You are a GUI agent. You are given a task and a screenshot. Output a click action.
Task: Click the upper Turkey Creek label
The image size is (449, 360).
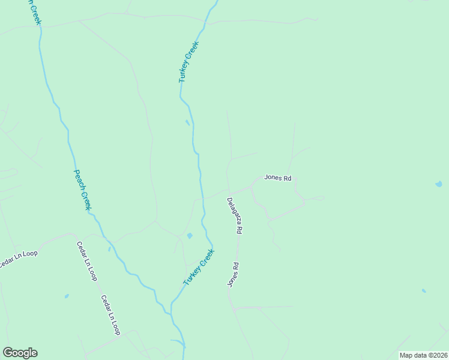(188, 62)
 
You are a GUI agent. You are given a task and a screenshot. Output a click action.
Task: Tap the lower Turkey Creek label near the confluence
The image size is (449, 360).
(199, 267)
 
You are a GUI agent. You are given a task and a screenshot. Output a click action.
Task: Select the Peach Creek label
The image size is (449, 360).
(82, 189)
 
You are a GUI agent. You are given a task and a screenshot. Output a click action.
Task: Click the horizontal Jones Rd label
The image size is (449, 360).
(278, 178)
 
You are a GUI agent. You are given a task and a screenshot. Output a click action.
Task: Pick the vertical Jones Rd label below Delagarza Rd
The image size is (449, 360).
(234, 275)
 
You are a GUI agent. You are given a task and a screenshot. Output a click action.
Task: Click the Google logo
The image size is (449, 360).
(20, 353)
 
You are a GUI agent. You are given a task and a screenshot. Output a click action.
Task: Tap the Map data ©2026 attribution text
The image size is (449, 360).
(423, 355)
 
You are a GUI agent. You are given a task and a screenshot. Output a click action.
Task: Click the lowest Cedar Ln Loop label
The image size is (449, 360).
(110, 315)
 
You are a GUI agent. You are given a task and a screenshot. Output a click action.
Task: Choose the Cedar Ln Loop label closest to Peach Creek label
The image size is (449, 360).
(86, 261)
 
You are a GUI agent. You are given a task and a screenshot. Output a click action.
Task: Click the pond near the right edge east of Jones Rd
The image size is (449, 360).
(439, 185)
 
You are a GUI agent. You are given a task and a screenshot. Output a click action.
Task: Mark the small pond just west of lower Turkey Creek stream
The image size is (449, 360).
(190, 236)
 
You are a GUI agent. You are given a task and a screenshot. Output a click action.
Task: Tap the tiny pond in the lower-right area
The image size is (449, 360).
(424, 291)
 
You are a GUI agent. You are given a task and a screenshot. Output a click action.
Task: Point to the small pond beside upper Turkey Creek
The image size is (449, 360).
(187, 123)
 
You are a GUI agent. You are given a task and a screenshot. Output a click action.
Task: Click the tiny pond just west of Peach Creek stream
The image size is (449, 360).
(109, 248)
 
